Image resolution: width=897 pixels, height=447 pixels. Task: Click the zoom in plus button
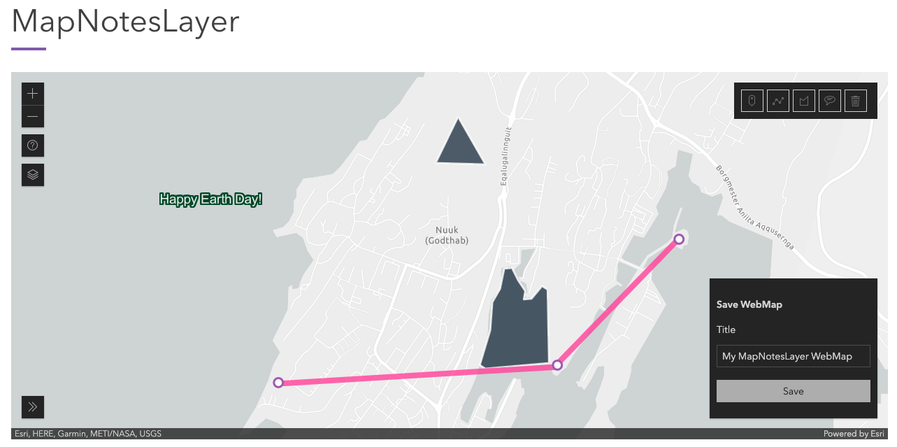[x=33, y=94]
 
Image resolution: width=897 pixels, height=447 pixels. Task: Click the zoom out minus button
[x=33, y=116]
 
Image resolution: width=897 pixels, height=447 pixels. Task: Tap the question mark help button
[x=33, y=146]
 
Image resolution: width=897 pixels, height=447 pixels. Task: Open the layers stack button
[x=33, y=175]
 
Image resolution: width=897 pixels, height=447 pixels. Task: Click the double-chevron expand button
[x=33, y=406]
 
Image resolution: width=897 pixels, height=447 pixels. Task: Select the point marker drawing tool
[x=752, y=101]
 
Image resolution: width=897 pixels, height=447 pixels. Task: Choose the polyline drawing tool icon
[x=777, y=101]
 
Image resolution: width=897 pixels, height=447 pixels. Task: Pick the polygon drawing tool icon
[x=804, y=101]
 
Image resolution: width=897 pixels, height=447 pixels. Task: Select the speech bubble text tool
[x=830, y=101]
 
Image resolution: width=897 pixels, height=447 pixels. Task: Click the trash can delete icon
[x=855, y=101]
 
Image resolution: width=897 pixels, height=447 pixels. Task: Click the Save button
[x=793, y=391]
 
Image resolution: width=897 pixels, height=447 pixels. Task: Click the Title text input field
[x=793, y=356]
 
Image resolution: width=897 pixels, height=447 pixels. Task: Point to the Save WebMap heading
[x=749, y=304]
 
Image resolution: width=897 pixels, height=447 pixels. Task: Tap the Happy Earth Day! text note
[x=210, y=199]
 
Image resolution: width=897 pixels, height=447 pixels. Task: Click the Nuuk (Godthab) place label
[x=447, y=235]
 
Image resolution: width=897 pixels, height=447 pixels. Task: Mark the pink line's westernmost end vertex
[x=278, y=383]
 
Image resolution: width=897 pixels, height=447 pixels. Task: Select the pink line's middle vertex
[x=557, y=364]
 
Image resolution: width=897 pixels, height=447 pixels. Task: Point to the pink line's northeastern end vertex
[x=678, y=239]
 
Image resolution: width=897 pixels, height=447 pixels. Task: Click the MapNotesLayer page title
[x=126, y=22]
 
